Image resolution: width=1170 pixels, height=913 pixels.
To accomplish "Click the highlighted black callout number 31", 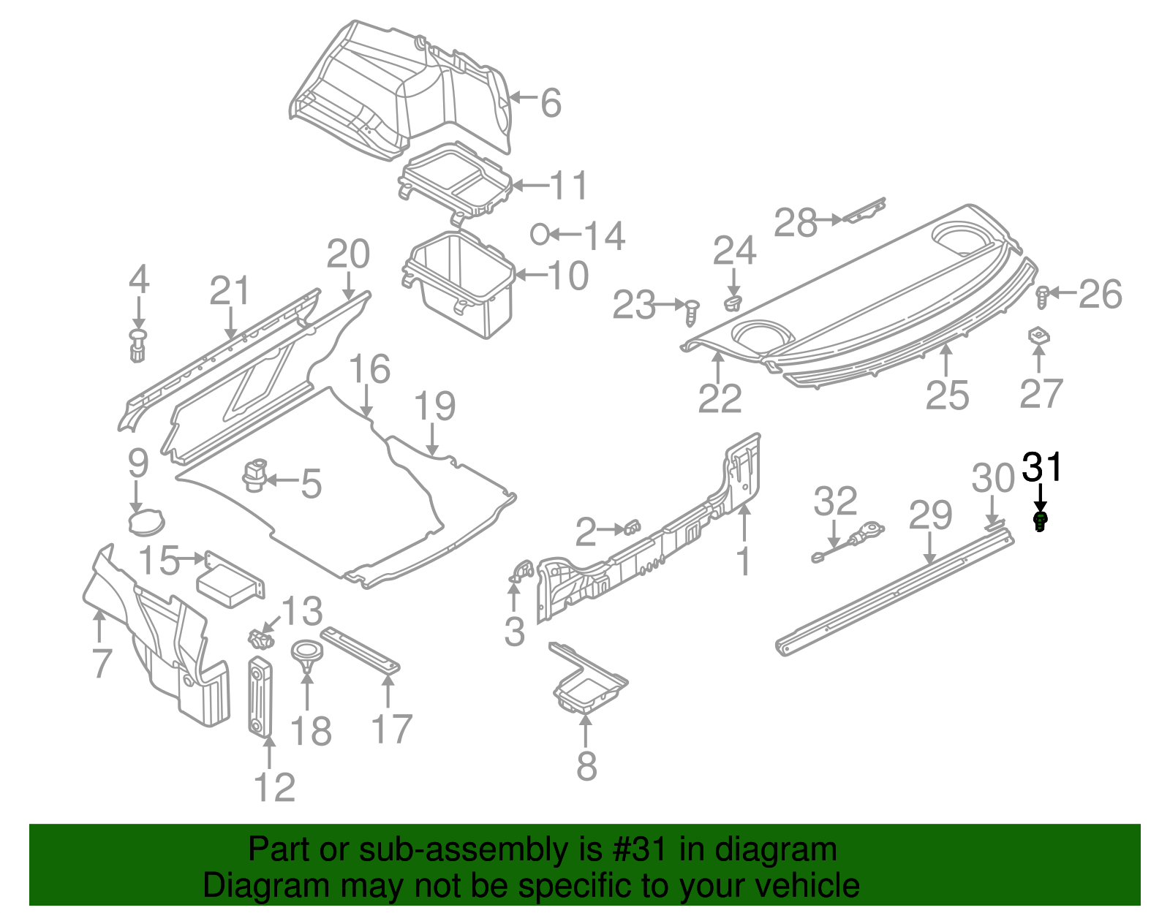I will [1041, 467].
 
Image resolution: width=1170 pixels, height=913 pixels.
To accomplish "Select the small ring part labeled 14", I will [540, 234].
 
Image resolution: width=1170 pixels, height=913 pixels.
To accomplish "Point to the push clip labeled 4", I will [137, 344].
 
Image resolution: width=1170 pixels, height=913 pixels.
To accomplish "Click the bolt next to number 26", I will [1043, 295].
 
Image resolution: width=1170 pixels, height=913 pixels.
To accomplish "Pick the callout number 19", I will [434, 406].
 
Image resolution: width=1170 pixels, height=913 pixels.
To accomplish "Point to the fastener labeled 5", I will [254, 475].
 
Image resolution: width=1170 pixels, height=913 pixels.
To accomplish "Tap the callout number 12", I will [274, 788].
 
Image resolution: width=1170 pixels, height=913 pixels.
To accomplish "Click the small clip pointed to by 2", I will [632, 527].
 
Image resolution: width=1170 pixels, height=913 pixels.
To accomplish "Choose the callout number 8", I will [586, 765].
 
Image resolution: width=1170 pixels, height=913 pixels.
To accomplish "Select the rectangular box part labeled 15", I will [230, 581].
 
